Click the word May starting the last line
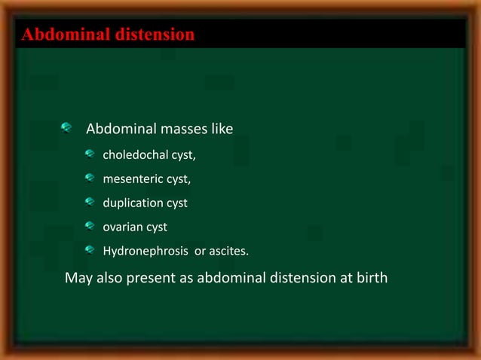click(79, 279)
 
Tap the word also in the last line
click(110, 279)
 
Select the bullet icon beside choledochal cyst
click(89, 155)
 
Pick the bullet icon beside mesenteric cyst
click(89, 178)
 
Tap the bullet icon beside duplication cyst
click(89, 202)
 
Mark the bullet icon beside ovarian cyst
click(89, 225)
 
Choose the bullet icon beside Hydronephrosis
click(89, 249)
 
